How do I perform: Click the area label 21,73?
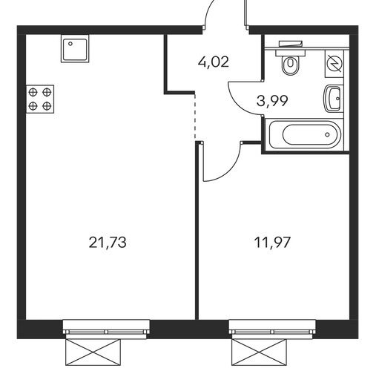pyautogui.click(x=108, y=243)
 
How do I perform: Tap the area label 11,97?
pyautogui.click(x=272, y=243)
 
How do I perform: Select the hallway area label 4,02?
pyautogui.click(x=214, y=62)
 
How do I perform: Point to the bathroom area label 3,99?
pyautogui.click(x=272, y=101)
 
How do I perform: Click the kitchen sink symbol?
pyautogui.click(x=75, y=48)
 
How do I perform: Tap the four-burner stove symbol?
pyautogui.click(x=40, y=99)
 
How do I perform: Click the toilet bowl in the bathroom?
pyautogui.click(x=291, y=65)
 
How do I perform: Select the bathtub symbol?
pyautogui.click(x=306, y=134)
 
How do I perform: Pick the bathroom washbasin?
pyautogui.click(x=333, y=99)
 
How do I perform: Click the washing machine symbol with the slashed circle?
pyautogui.click(x=334, y=64)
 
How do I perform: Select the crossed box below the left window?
pyautogui.click(x=93, y=352)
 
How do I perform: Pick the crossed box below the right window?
pyautogui.click(x=259, y=352)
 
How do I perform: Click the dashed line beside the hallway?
pyautogui.click(x=195, y=116)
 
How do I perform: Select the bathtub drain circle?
pyautogui.click(x=327, y=134)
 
